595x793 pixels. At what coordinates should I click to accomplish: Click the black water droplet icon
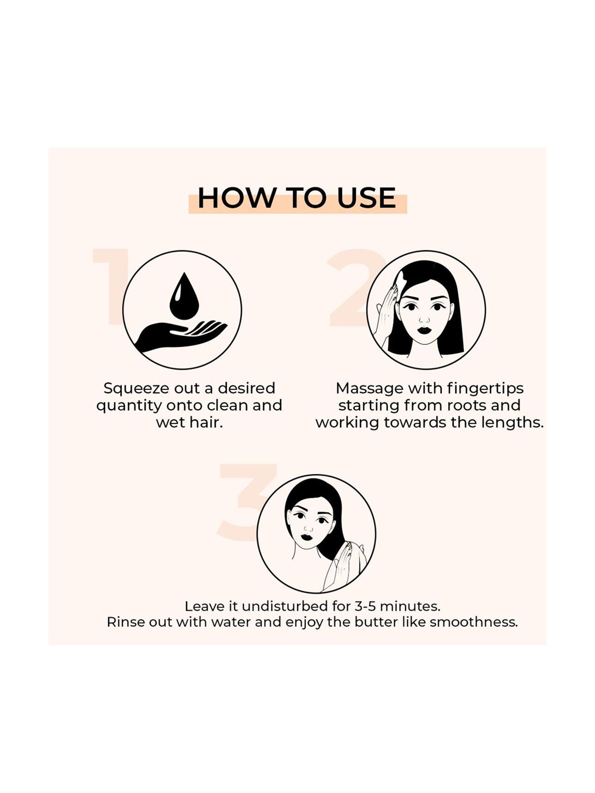(184, 296)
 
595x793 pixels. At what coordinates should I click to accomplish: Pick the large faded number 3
(242, 501)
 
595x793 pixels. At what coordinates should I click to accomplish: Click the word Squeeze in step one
(131, 389)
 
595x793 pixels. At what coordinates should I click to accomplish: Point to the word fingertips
(485, 389)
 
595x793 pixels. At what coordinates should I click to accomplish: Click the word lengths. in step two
(512, 423)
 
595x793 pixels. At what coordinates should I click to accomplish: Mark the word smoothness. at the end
(474, 622)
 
